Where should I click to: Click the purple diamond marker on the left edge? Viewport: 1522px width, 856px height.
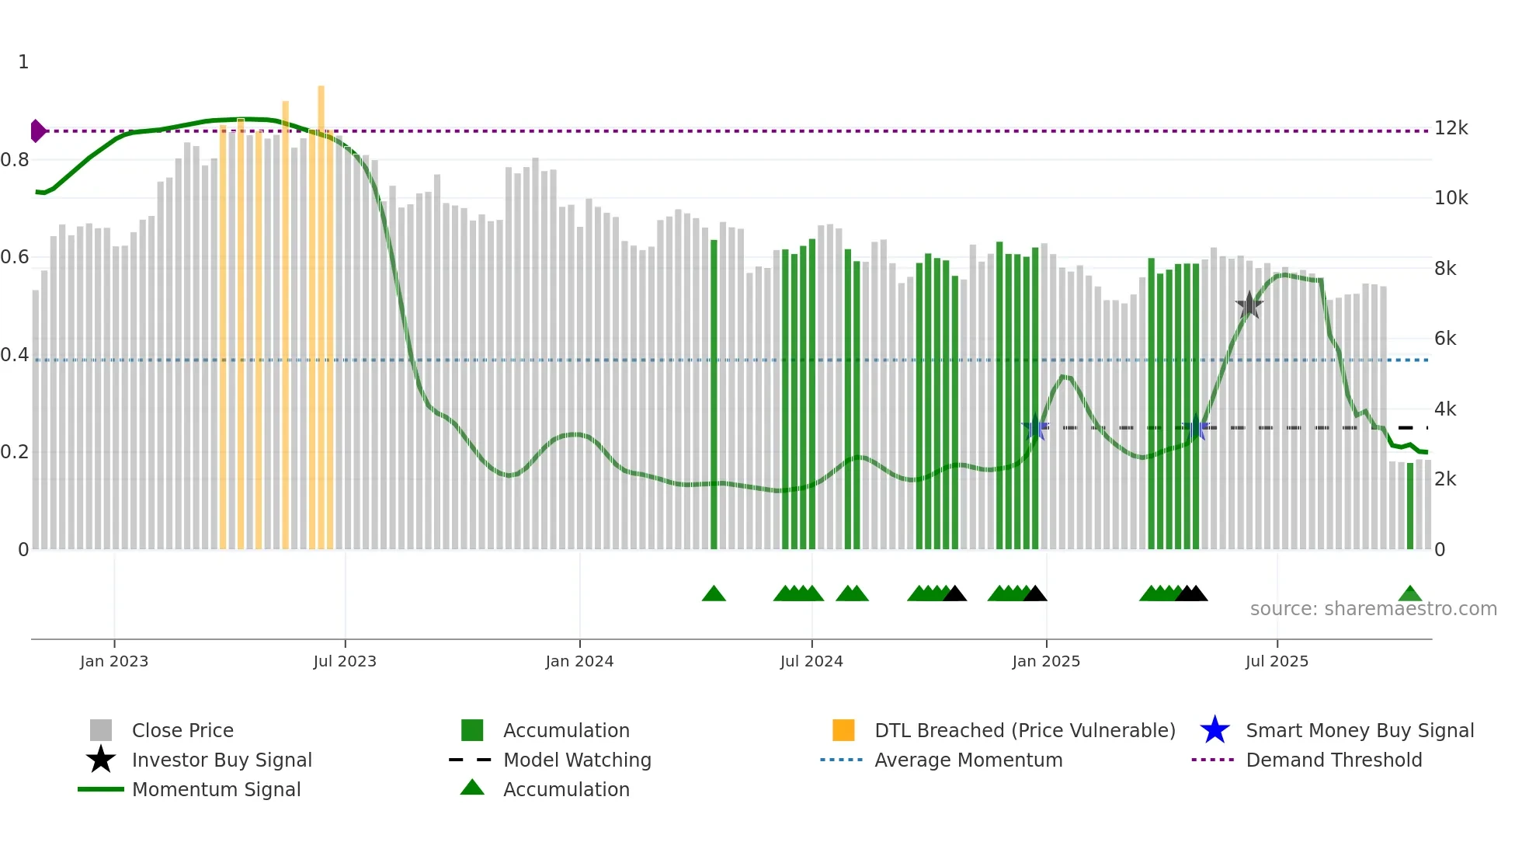click(x=37, y=130)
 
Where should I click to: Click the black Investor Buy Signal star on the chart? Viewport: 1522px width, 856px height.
click(x=1249, y=305)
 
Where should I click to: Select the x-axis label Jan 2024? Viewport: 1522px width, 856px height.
click(x=579, y=661)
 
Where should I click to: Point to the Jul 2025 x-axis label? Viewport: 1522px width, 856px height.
click(x=1277, y=661)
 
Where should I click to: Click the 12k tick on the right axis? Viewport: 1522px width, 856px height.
click(x=1451, y=128)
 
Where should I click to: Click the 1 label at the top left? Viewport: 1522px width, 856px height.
click(x=23, y=62)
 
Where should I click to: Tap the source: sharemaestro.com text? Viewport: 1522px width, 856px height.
click(x=1373, y=608)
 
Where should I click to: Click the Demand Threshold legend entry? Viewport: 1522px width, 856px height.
click(x=1333, y=760)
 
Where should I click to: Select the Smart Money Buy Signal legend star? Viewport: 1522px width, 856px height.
click(x=1214, y=730)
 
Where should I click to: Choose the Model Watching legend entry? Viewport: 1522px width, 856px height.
click(x=576, y=760)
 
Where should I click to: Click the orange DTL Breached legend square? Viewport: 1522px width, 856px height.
click(x=843, y=730)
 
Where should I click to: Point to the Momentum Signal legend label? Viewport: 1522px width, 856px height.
click(x=216, y=789)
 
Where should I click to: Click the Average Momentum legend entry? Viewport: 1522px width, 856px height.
click(x=968, y=760)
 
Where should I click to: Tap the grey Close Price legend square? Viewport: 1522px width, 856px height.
click(x=101, y=730)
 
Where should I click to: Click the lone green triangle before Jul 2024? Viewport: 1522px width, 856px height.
click(x=714, y=594)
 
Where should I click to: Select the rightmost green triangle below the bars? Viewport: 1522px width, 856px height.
click(x=1410, y=594)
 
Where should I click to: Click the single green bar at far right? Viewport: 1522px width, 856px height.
click(x=1410, y=505)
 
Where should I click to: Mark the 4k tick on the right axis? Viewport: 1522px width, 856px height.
click(x=1444, y=409)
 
